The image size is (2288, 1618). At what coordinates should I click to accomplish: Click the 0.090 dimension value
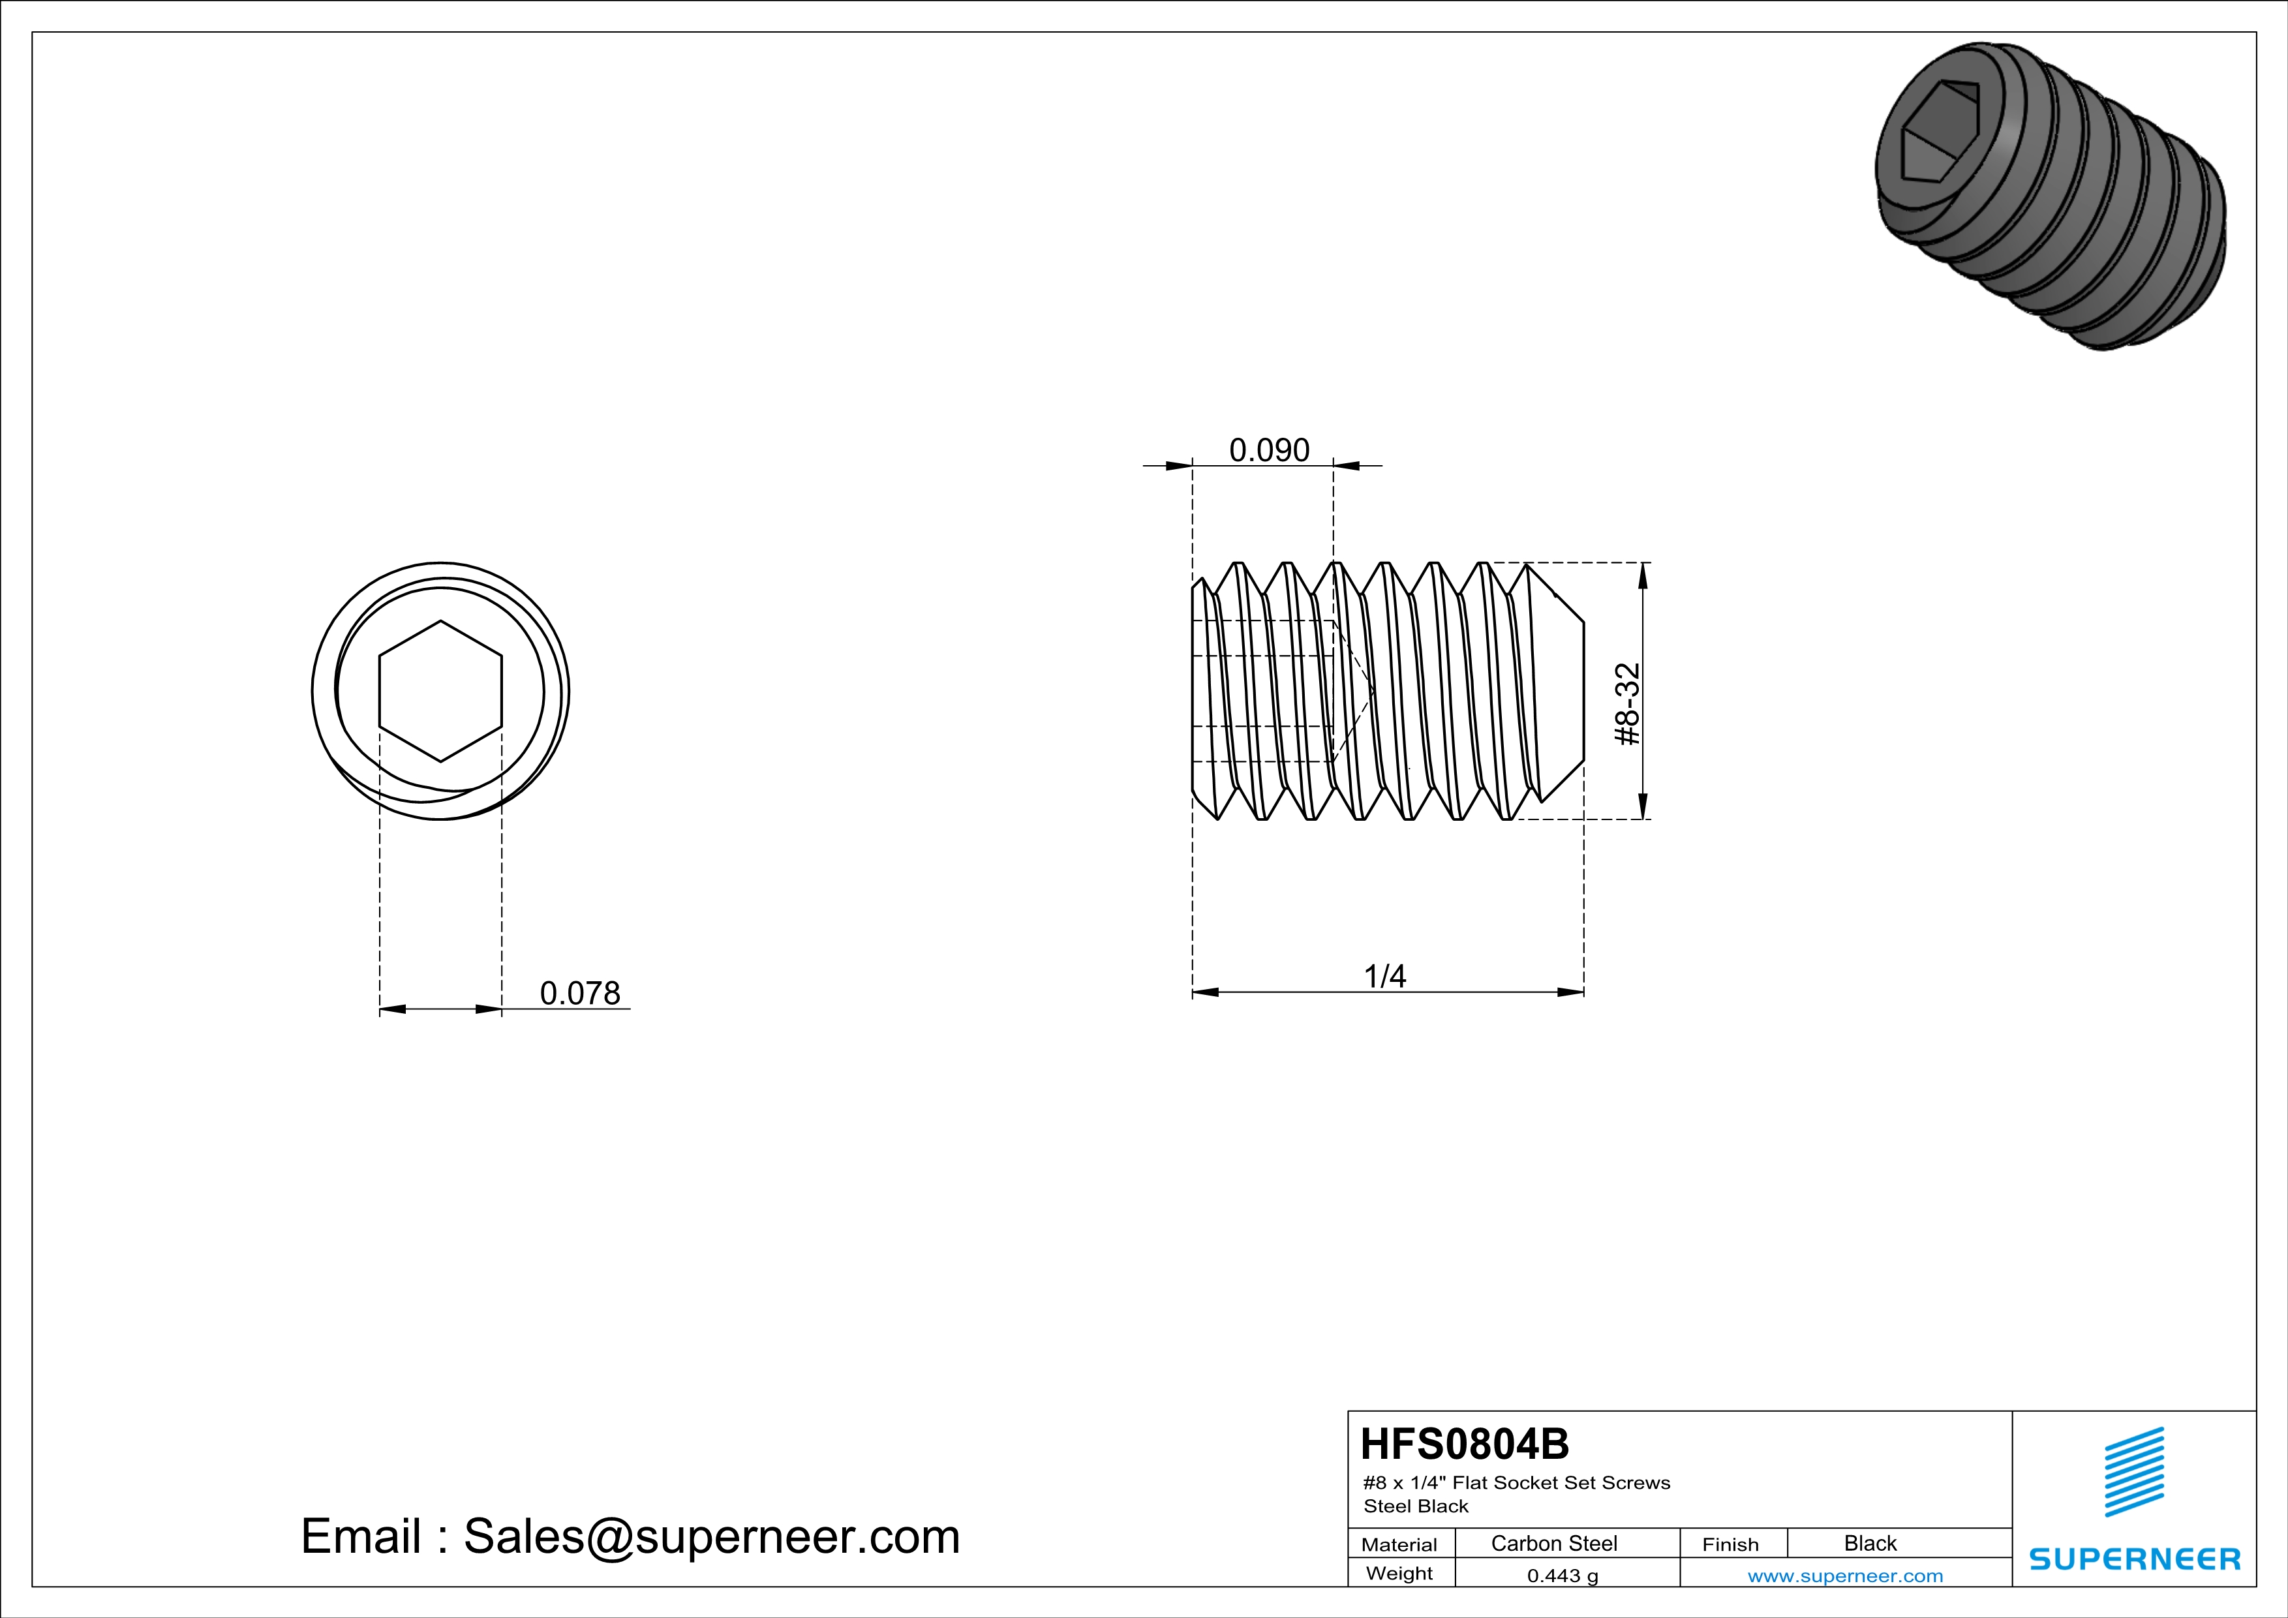coord(1268,450)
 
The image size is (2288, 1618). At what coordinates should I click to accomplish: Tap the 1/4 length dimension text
coord(1385,977)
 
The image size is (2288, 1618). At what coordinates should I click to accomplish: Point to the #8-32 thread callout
coord(1627,705)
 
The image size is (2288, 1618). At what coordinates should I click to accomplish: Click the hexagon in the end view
coord(440,692)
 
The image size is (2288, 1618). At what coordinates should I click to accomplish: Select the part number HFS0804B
coord(1464,1444)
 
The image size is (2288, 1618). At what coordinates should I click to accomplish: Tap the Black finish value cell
coord(1870,1543)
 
